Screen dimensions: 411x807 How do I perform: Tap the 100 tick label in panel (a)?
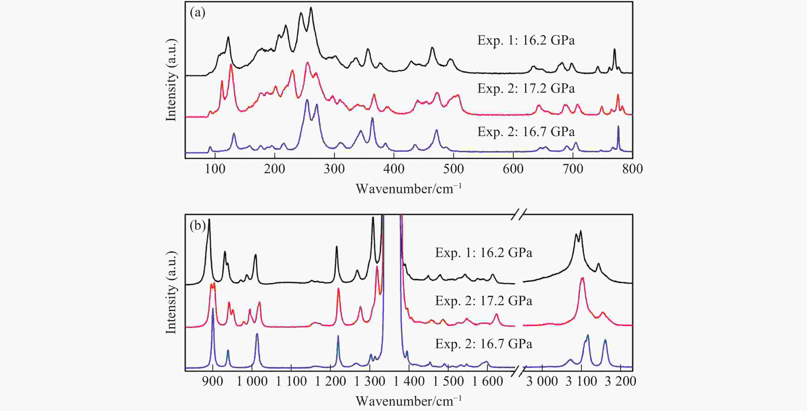click(215, 169)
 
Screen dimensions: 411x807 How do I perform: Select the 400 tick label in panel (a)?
click(394, 169)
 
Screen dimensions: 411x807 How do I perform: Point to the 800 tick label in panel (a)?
click(633, 169)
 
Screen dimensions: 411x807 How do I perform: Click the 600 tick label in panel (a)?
click(513, 169)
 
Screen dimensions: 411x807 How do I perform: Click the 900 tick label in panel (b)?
click(213, 382)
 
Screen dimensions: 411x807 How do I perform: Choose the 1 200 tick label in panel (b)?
click(330, 382)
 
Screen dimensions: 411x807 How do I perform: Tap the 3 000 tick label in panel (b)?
click(542, 382)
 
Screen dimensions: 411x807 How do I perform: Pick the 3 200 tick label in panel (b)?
click(620, 382)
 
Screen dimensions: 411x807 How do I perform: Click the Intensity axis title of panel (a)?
click(171, 80)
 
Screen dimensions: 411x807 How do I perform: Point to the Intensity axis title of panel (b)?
click(171, 293)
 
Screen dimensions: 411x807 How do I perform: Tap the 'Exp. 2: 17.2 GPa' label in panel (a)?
click(526, 89)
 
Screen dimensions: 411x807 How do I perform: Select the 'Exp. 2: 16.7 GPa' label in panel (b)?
click(483, 344)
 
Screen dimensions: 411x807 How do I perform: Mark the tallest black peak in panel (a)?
click(311, 8)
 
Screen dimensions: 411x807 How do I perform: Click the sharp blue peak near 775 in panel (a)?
click(618, 127)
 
